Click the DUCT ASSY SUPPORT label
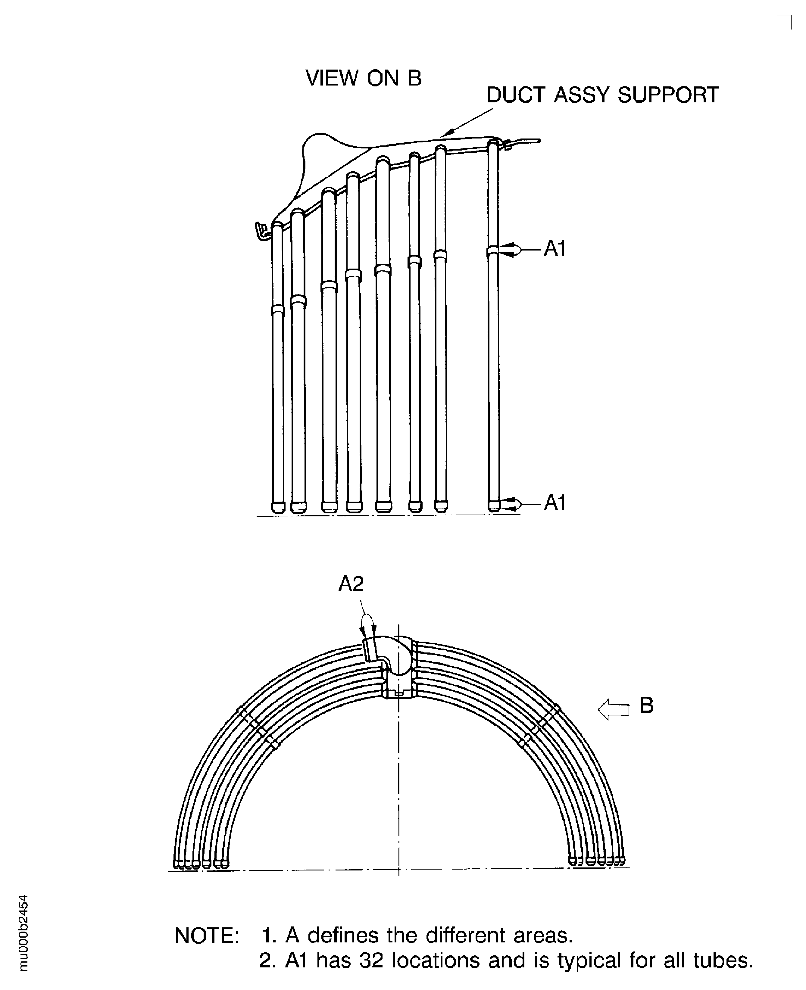(x=602, y=95)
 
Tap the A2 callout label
(x=351, y=584)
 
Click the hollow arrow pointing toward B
(x=613, y=710)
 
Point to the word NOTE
(x=207, y=936)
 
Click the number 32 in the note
(x=371, y=960)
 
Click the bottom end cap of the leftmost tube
(x=278, y=506)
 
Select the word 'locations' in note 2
(x=436, y=960)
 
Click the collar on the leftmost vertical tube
(x=278, y=310)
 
